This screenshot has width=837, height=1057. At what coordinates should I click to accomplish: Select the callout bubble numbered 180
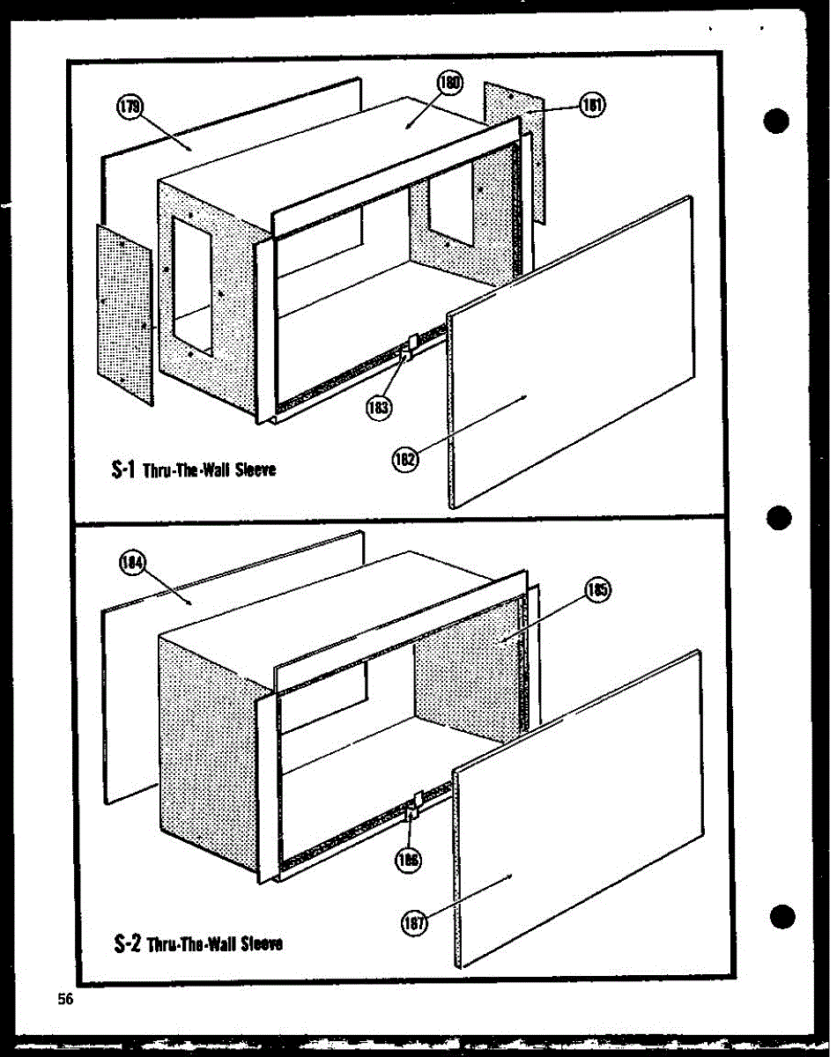point(448,85)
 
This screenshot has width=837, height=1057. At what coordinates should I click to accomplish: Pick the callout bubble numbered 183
point(380,407)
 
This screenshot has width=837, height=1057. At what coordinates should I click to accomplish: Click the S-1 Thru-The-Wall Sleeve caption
point(195,469)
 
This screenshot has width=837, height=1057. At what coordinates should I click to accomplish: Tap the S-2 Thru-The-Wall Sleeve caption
point(198,943)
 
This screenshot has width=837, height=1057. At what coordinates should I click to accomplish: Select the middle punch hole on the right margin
point(779,518)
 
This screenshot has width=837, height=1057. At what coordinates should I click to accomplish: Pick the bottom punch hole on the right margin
point(781,916)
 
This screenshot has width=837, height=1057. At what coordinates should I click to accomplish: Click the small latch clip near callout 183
point(409,347)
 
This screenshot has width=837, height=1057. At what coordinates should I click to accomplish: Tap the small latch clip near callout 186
point(416,802)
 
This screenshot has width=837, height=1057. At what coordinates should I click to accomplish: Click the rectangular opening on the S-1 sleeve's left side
point(191,285)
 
